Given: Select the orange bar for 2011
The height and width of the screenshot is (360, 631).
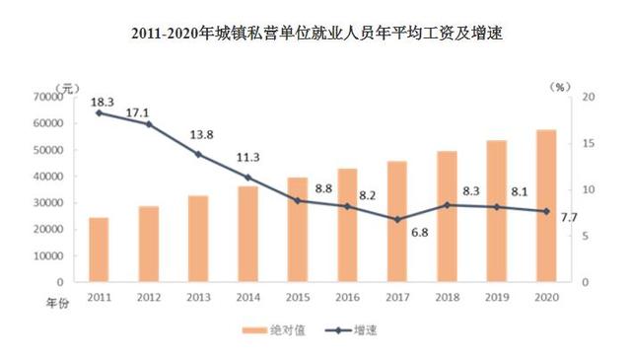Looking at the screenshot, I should click(99, 250).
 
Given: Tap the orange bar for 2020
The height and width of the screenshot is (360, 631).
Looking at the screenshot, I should click(546, 205).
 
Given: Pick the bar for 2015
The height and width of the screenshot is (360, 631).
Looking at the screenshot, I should click(298, 229).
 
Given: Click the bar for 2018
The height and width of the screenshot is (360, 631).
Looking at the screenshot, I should click(447, 216).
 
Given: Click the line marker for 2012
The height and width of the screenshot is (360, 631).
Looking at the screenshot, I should click(149, 124).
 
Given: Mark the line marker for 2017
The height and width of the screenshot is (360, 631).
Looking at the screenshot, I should click(396, 219).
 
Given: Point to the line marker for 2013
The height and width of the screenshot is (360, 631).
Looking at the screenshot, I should click(198, 154).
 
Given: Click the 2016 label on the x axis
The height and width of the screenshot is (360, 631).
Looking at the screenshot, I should click(347, 296).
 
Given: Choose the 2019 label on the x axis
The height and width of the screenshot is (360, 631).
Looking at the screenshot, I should click(496, 296).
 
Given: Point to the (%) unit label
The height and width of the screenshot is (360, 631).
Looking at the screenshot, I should click(561, 87).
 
